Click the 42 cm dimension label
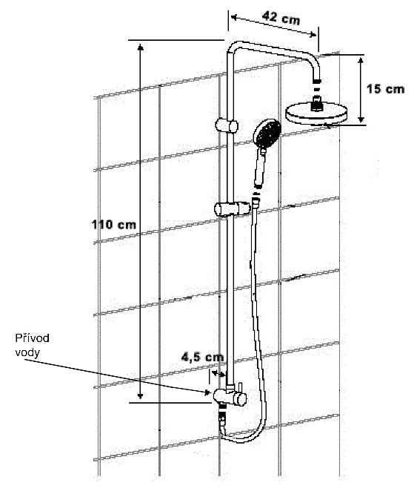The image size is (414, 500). [281, 18]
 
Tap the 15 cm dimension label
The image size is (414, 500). [385, 89]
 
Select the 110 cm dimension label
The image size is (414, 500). [114, 225]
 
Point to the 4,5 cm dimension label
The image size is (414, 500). [202, 357]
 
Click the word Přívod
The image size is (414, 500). [32, 338]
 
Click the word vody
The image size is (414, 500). [27, 352]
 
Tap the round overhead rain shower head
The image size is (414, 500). [316, 114]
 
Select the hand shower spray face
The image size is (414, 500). [267, 132]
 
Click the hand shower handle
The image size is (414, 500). [260, 168]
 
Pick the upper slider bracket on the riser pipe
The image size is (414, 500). [227, 125]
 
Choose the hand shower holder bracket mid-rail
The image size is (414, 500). [232, 209]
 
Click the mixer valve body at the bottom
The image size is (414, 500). [230, 397]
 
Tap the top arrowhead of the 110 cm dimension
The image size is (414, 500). [141, 47]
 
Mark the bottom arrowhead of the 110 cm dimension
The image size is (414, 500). [140, 395]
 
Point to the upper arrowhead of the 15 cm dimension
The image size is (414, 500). [361, 60]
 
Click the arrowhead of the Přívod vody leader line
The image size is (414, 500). [208, 392]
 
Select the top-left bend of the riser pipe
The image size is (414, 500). [232, 47]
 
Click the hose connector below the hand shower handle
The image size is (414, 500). [256, 202]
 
